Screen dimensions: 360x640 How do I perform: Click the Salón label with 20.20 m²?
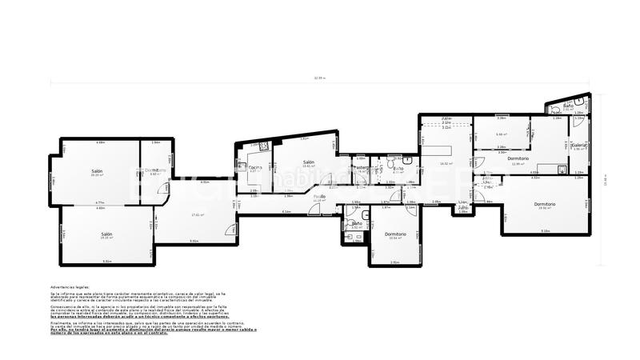click(x=97, y=171)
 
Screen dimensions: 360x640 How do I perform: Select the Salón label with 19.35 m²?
click(x=106, y=234)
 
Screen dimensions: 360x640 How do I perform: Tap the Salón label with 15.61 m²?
click(x=308, y=162)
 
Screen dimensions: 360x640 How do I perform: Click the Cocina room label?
click(x=255, y=166)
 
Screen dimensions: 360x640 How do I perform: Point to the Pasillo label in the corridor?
click(x=319, y=196)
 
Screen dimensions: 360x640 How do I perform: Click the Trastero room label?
click(x=362, y=167)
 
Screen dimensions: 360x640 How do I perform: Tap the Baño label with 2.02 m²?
click(x=567, y=106)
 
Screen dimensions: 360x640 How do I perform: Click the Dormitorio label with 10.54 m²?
click(x=395, y=234)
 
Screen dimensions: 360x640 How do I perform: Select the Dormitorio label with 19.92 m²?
click(x=545, y=204)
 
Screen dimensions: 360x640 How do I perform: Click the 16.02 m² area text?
click(x=446, y=164)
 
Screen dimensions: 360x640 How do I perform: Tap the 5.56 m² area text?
click(x=501, y=134)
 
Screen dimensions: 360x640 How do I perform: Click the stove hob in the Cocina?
click(x=262, y=146)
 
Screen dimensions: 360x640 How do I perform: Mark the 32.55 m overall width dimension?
click(x=320, y=78)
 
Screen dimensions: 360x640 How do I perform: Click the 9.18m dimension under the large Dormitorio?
click(x=545, y=231)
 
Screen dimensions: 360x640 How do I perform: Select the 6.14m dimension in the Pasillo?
click(x=286, y=211)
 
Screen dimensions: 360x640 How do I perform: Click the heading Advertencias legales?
click(x=70, y=286)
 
